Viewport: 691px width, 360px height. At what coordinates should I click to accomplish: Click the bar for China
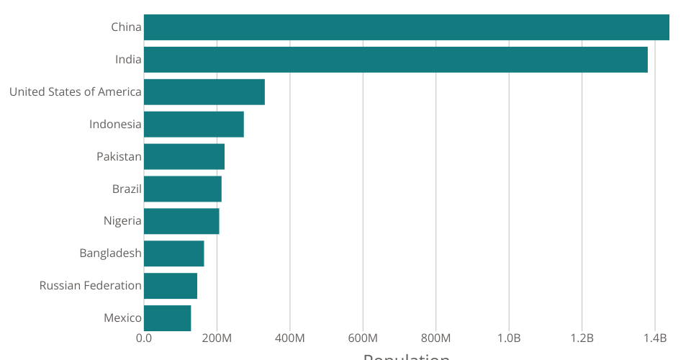point(407,27)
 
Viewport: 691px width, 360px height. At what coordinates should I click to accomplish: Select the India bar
point(396,60)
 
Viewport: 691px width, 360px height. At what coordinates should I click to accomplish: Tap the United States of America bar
point(204,92)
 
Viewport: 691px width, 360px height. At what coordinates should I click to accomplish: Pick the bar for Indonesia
point(194,125)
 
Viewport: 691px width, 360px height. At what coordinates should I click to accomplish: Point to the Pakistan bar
point(184,156)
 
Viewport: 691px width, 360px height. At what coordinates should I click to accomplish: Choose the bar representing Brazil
point(183,189)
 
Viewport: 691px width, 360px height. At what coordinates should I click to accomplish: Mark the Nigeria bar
point(181,221)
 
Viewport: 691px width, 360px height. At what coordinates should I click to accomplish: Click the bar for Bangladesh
point(174,253)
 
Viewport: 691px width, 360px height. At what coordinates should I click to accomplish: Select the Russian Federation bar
point(171,286)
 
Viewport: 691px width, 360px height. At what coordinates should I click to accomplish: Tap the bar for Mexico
point(168,318)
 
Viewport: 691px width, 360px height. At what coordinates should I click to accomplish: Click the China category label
point(126,27)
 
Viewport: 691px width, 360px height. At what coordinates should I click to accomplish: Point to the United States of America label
point(76,92)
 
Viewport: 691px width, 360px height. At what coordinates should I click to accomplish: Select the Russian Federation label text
point(91,286)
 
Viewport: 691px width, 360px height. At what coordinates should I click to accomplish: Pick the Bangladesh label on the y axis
point(110,253)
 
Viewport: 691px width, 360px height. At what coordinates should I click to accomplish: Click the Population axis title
point(407,356)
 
